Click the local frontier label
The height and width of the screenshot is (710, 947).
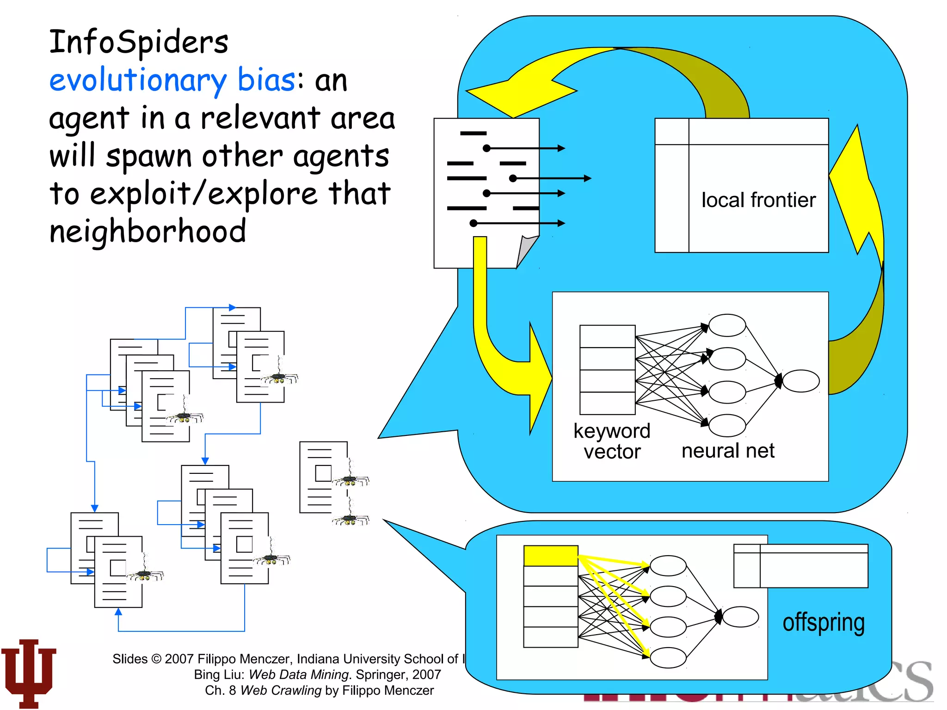tap(758, 200)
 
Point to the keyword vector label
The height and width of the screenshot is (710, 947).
tap(611, 441)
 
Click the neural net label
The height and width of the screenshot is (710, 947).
tap(728, 451)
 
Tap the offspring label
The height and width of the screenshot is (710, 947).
tap(823, 623)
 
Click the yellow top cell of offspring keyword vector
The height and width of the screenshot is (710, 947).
tap(550, 556)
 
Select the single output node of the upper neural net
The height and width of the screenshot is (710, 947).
tap(800, 381)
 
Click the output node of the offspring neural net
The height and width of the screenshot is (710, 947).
tap(740, 617)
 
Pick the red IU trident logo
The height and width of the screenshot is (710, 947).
tap(29, 673)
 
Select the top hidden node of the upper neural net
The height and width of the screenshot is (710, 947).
tap(727, 325)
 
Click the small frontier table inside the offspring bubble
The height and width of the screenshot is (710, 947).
tap(800, 566)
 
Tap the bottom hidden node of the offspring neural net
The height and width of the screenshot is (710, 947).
tap(668, 657)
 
